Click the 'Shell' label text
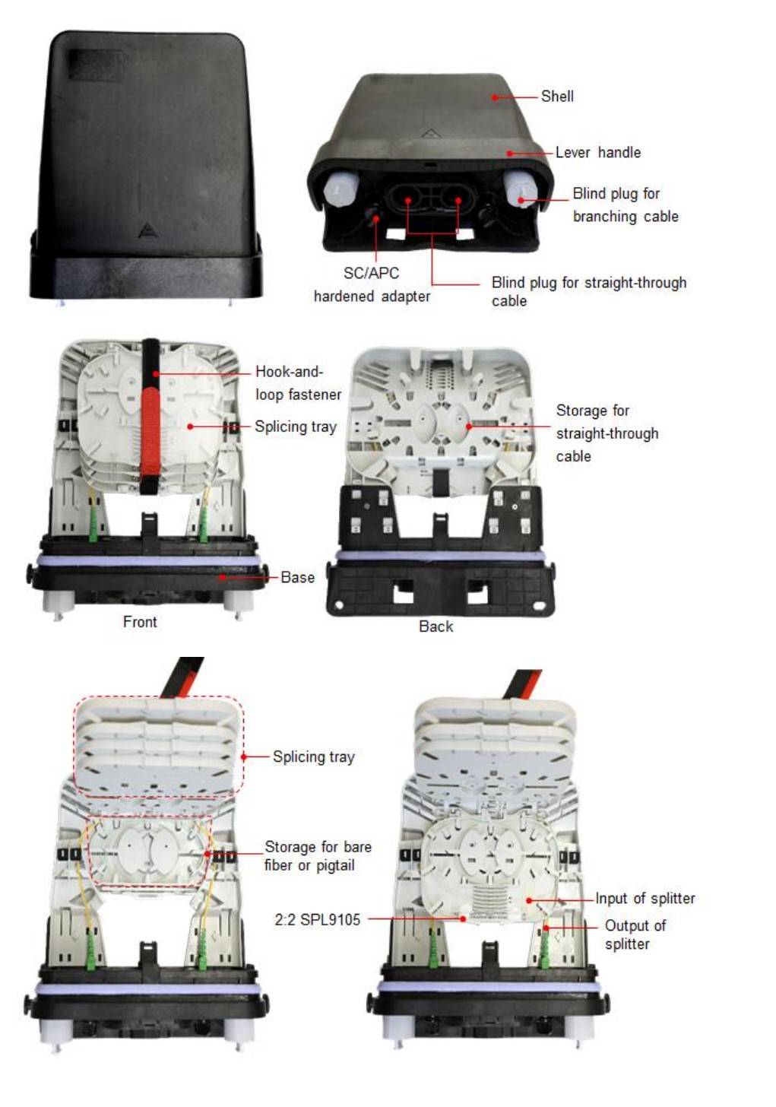coord(556,96)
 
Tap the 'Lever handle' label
coord(597,152)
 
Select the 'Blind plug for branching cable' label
coord(625,205)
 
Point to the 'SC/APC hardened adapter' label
coord(372,284)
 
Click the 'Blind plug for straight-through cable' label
coord(588,292)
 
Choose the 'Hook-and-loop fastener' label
coord(298,383)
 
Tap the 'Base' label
coord(297,577)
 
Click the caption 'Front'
coord(140,622)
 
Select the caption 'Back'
coord(436,626)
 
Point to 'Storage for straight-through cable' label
coord(607,433)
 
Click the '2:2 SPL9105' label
coord(317,920)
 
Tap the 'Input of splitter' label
coord(645,898)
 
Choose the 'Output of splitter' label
coord(635,934)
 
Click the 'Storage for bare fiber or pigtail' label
coord(318,855)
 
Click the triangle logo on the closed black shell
coord(147,231)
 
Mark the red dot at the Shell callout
coord(495,97)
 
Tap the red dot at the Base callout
coord(223,577)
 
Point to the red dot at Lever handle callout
coord(510,154)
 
